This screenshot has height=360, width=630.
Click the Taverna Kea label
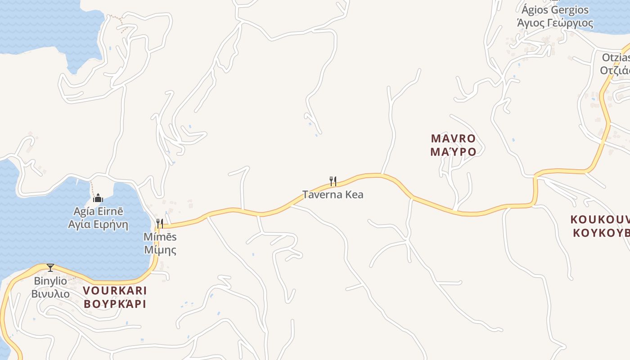coord(333,195)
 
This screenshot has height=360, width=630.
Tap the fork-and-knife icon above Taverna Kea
coord(333,181)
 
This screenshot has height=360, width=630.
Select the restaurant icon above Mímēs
coord(159,224)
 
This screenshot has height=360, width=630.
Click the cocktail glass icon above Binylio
coord(50,268)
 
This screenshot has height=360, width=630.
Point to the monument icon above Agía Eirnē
coord(98,198)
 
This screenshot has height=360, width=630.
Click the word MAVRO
coord(453,138)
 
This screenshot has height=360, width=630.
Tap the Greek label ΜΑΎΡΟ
coord(453,152)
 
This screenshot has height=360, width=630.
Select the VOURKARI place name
coord(115,290)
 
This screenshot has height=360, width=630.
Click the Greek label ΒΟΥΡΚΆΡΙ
coord(115,304)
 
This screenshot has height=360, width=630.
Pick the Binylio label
coord(50,281)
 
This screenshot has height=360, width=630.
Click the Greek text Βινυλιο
coord(50,294)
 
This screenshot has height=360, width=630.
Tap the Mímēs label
coord(160,237)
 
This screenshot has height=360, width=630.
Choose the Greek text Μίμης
coord(160,250)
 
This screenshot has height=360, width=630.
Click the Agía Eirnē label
coord(98,211)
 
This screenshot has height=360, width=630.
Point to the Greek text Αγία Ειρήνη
coord(98,224)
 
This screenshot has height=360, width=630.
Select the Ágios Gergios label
coord(555,10)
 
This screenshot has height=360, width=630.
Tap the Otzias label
coord(616,58)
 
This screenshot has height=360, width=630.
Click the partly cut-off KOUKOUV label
coord(600,220)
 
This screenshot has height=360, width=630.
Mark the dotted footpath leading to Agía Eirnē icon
coord(92,187)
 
